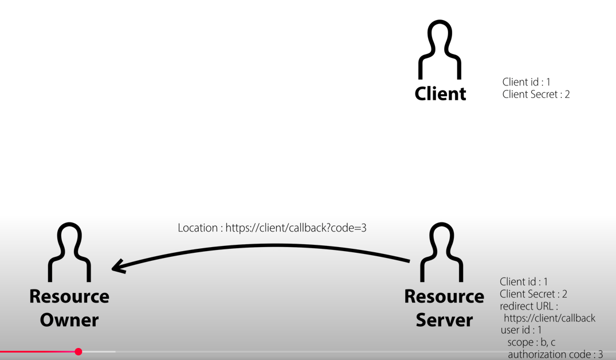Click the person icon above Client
[x=440, y=50]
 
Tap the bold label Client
[x=440, y=93]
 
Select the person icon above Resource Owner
[x=69, y=252]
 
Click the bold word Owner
[x=69, y=319]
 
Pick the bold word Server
[x=444, y=319]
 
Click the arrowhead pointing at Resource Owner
[x=119, y=266]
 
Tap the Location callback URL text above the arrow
[x=272, y=228]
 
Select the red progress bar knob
[x=79, y=351]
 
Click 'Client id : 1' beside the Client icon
[x=526, y=82]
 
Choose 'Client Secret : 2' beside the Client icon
[x=536, y=94]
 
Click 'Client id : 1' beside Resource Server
[x=524, y=281]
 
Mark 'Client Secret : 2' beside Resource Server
[x=533, y=294]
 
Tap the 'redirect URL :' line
[x=529, y=306]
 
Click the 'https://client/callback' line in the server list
[x=550, y=318]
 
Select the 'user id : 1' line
[x=521, y=330]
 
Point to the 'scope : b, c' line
[x=531, y=342]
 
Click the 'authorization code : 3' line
[x=555, y=354]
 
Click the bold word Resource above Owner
[x=69, y=296]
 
